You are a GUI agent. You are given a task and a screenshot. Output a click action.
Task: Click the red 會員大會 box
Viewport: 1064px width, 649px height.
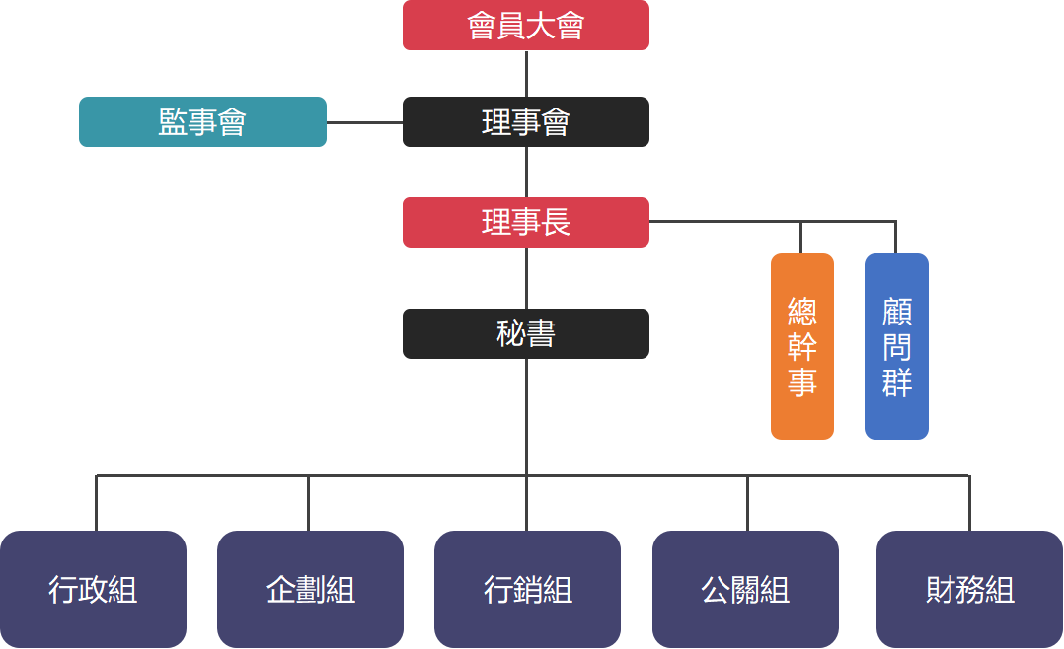pyautogui.click(x=525, y=25)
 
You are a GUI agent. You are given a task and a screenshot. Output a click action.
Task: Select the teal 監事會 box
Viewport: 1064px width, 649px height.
pyautogui.click(x=202, y=121)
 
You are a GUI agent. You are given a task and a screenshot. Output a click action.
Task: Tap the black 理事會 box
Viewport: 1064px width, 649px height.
pyautogui.click(x=525, y=121)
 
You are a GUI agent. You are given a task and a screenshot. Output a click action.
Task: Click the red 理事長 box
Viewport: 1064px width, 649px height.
pyautogui.click(x=525, y=222)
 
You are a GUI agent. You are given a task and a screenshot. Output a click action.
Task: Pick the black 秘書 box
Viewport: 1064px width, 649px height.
pyautogui.click(x=525, y=333)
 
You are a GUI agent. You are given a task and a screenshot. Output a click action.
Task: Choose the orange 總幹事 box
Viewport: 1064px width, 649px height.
pyautogui.click(x=801, y=346)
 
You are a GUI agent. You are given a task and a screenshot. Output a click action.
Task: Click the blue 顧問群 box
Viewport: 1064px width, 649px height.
pyautogui.click(x=896, y=346)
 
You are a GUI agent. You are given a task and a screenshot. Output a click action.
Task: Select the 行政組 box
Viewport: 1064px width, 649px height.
pyautogui.click(x=93, y=590)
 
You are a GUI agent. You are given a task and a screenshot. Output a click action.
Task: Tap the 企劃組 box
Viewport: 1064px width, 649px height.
pyautogui.click(x=310, y=590)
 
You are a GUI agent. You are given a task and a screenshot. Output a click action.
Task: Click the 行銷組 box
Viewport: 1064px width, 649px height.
pyautogui.click(x=527, y=590)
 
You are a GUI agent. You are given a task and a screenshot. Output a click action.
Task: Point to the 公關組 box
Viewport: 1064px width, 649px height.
pyautogui.click(x=745, y=590)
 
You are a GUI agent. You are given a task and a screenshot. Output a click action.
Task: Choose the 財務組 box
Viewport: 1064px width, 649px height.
pyautogui.click(x=969, y=590)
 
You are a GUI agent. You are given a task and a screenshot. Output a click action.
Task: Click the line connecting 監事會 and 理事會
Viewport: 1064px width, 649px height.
pyautogui.click(x=364, y=122)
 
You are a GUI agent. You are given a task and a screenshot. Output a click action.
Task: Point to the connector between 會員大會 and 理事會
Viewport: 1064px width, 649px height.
pyautogui.click(x=526, y=73)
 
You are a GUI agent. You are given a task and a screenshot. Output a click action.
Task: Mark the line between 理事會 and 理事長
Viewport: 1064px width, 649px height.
pyautogui.click(x=526, y=172)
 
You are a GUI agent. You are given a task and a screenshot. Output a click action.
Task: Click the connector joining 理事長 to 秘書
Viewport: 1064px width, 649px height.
pyautogui.click(x=526, y=277)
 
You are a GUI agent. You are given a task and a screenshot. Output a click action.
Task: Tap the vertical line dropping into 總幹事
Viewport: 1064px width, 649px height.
pyautogui.click(x=800, y=238)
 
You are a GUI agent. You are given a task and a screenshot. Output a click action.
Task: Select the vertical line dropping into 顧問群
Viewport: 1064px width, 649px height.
pyautogui.click(x=895, y=238)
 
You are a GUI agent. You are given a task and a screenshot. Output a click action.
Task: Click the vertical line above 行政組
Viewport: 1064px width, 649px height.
pyautogui.click(x=96, y=503)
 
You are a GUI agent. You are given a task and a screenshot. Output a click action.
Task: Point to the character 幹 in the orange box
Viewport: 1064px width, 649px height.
pyautogui.click(x=801, y=347)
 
